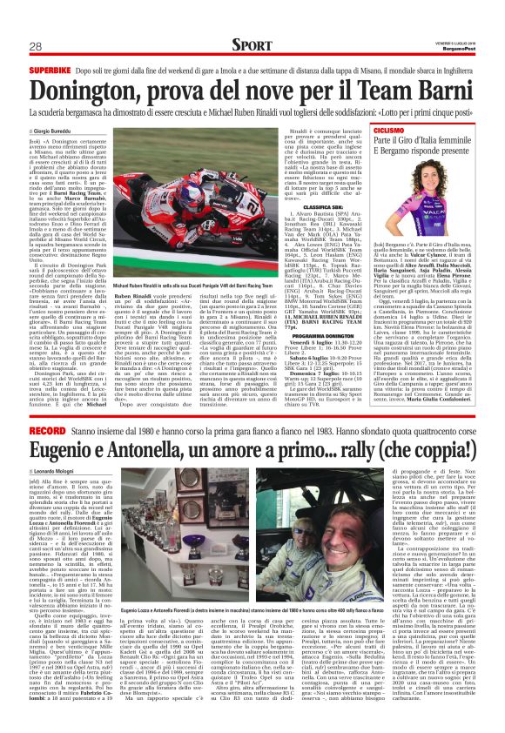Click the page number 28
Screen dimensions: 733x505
coord(37,46)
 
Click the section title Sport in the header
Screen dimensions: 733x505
coord(252,44)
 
